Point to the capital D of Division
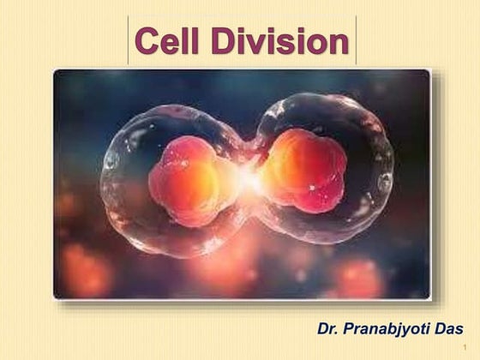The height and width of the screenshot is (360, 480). (226, 42)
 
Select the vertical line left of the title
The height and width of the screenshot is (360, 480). (129, 40)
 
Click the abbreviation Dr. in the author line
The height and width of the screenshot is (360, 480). (328, 329)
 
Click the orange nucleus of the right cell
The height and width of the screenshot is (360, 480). (302, 171)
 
